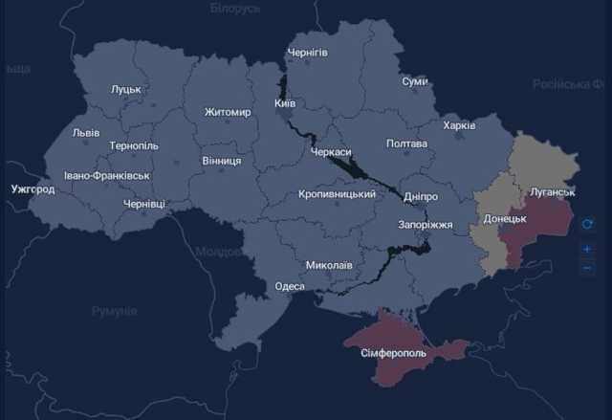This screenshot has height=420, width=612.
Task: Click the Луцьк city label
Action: click(x=125, y=89)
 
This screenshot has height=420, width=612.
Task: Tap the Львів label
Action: click(x=85, y=133)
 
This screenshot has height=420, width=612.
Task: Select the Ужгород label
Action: click(x=33, y=189)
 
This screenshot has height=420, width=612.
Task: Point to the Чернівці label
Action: click(x=143, y=204)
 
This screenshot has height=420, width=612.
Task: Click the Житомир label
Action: click(x=228, y=113)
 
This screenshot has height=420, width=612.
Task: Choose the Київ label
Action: click(x=284, y=102)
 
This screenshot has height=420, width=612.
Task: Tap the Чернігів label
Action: click(x=307, y=52)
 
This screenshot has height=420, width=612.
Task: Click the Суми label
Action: click(x=415, y=82)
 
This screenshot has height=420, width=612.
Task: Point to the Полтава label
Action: click(x=405, y=144)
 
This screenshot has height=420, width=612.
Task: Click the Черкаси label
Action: click(x=331, y=152)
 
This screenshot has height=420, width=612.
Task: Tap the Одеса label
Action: click(x=289, y=286)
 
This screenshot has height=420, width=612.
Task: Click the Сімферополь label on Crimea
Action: click(x=396, y=354)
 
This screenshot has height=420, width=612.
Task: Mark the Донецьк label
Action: click(x=504, y=219)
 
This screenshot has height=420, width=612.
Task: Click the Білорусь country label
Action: click(x=235, y=9)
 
